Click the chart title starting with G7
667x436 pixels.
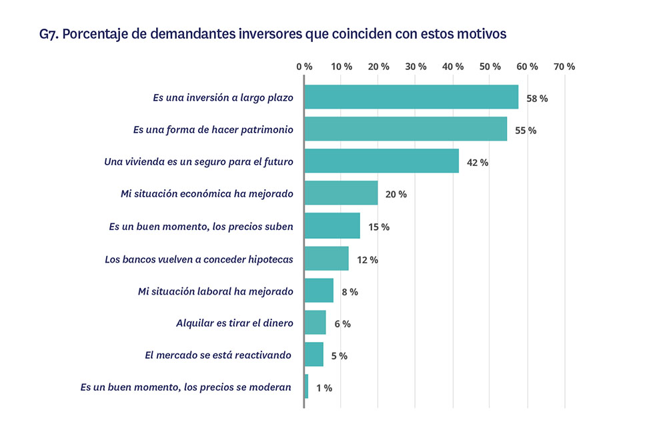click(273, 33)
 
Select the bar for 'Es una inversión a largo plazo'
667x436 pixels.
click(411, 97)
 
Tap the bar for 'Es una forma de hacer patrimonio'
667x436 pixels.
click(406, 129)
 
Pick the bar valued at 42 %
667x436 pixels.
click(382, 161)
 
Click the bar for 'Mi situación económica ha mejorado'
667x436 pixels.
click(341, 193)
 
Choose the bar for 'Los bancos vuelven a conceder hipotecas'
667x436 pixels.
click(326, 258)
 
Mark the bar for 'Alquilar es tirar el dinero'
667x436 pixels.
click(315, 323)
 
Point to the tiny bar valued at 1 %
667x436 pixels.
click(306, 387)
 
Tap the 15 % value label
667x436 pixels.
click(378, 227)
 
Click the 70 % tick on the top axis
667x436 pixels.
click(564, 67)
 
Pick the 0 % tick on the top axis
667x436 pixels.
click(304, 67)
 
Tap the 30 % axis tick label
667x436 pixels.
click(416, 67)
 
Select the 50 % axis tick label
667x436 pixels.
click(490, 67)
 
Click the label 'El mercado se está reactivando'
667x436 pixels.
click(219, 355)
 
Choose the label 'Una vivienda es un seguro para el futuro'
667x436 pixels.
click(199, 161)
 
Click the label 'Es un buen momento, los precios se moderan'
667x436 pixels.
click(186, 387)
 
